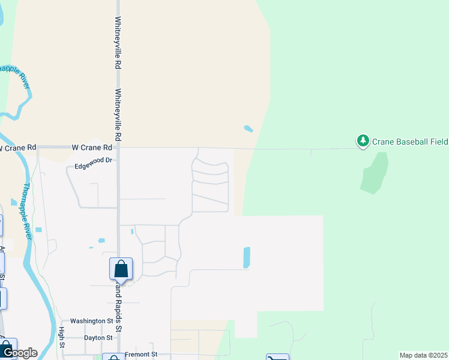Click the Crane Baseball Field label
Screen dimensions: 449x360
[410, 142]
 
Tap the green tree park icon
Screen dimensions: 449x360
[363, 141]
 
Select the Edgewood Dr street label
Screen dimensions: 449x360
[94, 160]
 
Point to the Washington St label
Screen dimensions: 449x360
[91, 321]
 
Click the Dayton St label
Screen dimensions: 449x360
[98, 338]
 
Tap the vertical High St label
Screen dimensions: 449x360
[61, 336]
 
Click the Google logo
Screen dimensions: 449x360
[19, 353]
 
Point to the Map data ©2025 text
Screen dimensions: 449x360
[423, 355]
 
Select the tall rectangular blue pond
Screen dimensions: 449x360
[247, 257]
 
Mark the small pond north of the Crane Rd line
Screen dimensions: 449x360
[249, 128]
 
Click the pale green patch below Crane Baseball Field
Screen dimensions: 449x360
[374, 173]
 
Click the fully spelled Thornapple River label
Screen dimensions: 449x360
[27, 212]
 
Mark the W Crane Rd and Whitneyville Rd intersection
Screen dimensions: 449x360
[118, 147]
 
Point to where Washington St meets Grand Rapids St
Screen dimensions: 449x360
[118, 321]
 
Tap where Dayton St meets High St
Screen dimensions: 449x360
[61, 338]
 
